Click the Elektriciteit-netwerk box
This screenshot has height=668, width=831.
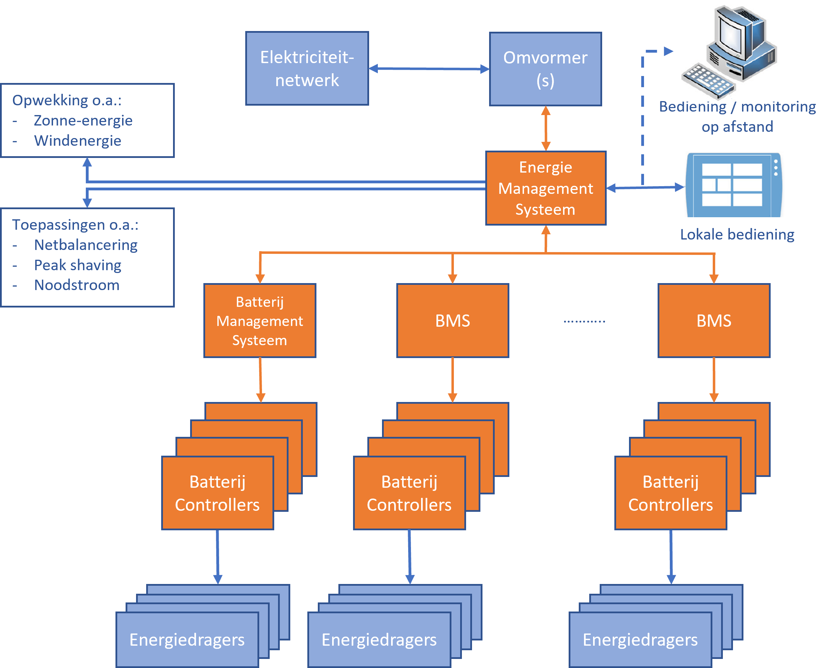(307, 69)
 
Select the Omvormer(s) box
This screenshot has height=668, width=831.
(545, 69)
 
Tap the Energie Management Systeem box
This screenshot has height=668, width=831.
(545, 188)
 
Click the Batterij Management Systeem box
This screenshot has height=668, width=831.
(260, 321)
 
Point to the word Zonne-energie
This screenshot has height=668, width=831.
(83, 121)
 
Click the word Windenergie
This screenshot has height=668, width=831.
(77, 141)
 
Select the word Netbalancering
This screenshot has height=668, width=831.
(85, 245)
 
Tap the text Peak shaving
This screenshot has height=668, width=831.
(77, 265)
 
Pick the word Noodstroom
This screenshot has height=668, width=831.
(77, 285)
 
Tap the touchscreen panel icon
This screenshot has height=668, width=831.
(734, 184)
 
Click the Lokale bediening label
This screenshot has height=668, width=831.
(737, 234)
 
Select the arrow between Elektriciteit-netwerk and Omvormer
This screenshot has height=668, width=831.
(429, 69)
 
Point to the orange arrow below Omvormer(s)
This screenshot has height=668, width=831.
(546, 128)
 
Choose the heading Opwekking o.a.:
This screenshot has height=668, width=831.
(67, 100)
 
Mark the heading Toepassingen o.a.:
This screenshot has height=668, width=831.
(75, 225)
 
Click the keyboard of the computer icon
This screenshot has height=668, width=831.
(707, 81)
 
